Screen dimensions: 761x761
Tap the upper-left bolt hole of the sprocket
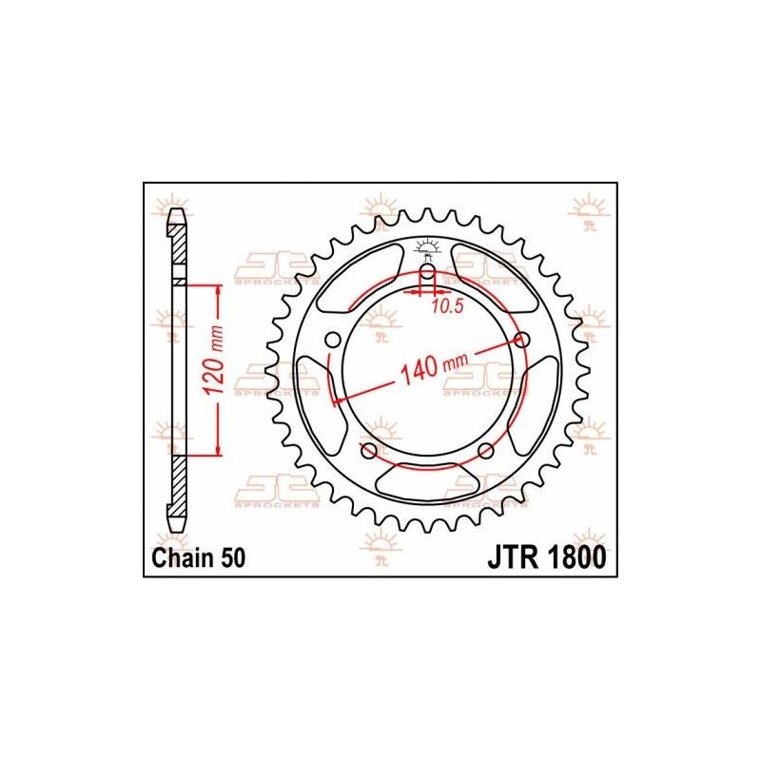point(332,341)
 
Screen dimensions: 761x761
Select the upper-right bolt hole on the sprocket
point(522,340)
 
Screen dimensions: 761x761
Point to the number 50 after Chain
point(234,559)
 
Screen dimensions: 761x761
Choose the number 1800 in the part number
point(573,559)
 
